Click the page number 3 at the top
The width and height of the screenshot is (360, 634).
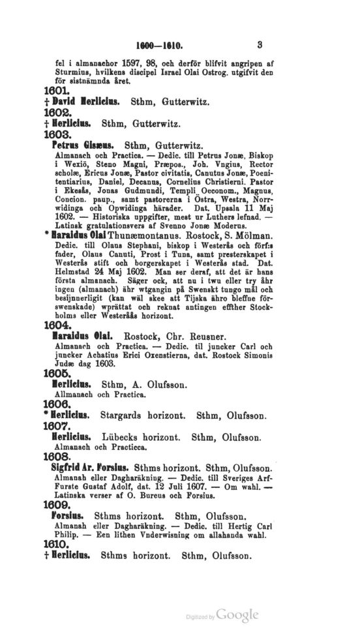click(x=260, y=46)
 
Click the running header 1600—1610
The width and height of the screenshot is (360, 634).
click(x=158, y=47)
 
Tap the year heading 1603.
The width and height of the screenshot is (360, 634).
click(x=56, y=134)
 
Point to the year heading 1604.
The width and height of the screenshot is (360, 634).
click(x=56, y=324)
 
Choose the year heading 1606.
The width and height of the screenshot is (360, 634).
click(x=56, y=404)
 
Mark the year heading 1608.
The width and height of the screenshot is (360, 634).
click(x=56, y=457)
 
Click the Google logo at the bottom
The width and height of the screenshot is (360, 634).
click(x=237, y=614)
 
